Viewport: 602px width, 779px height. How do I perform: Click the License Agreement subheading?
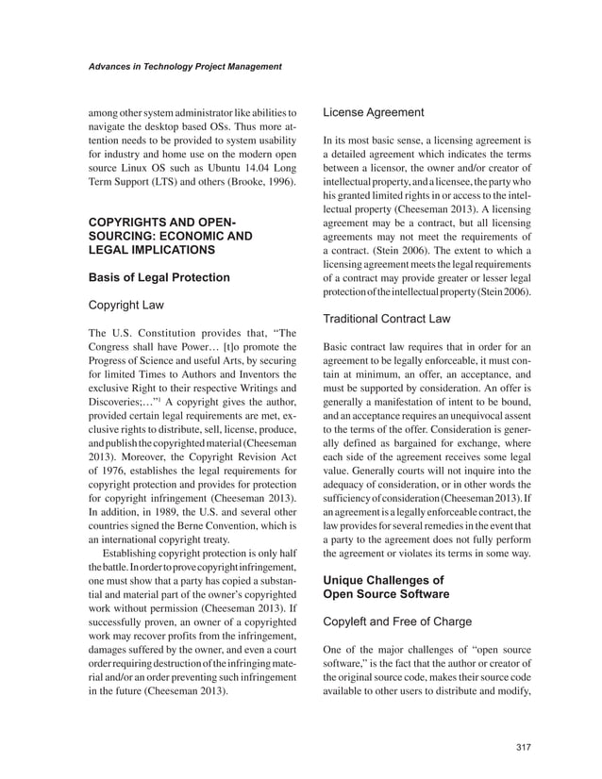(x=374, y=112)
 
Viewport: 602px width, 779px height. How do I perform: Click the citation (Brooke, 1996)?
(x=255, y=179)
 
